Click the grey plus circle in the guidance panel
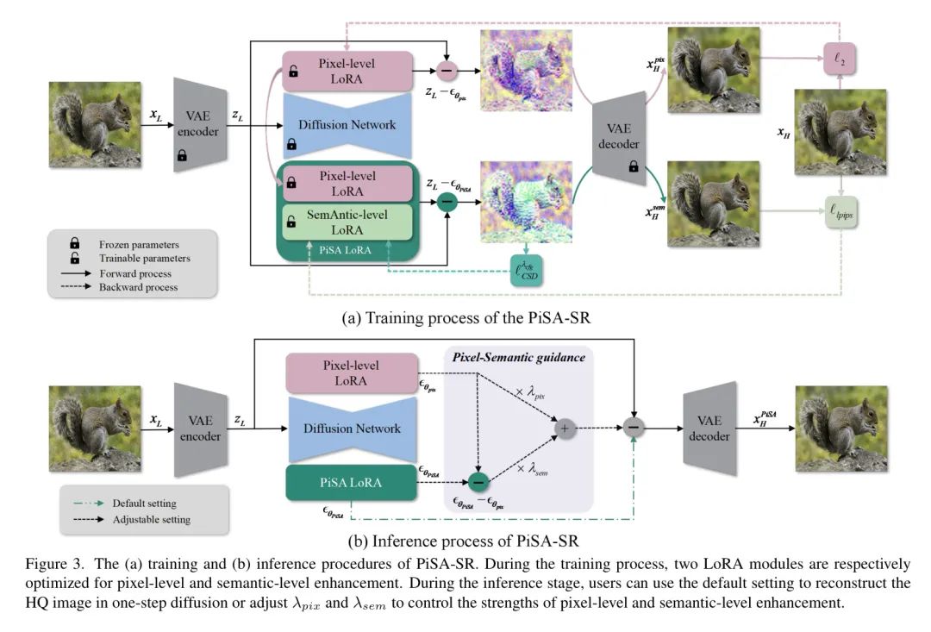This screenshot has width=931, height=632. pos(565,429)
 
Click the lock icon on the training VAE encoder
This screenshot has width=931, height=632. pos(182,155)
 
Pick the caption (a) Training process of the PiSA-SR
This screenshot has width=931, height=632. pos(465,317)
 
